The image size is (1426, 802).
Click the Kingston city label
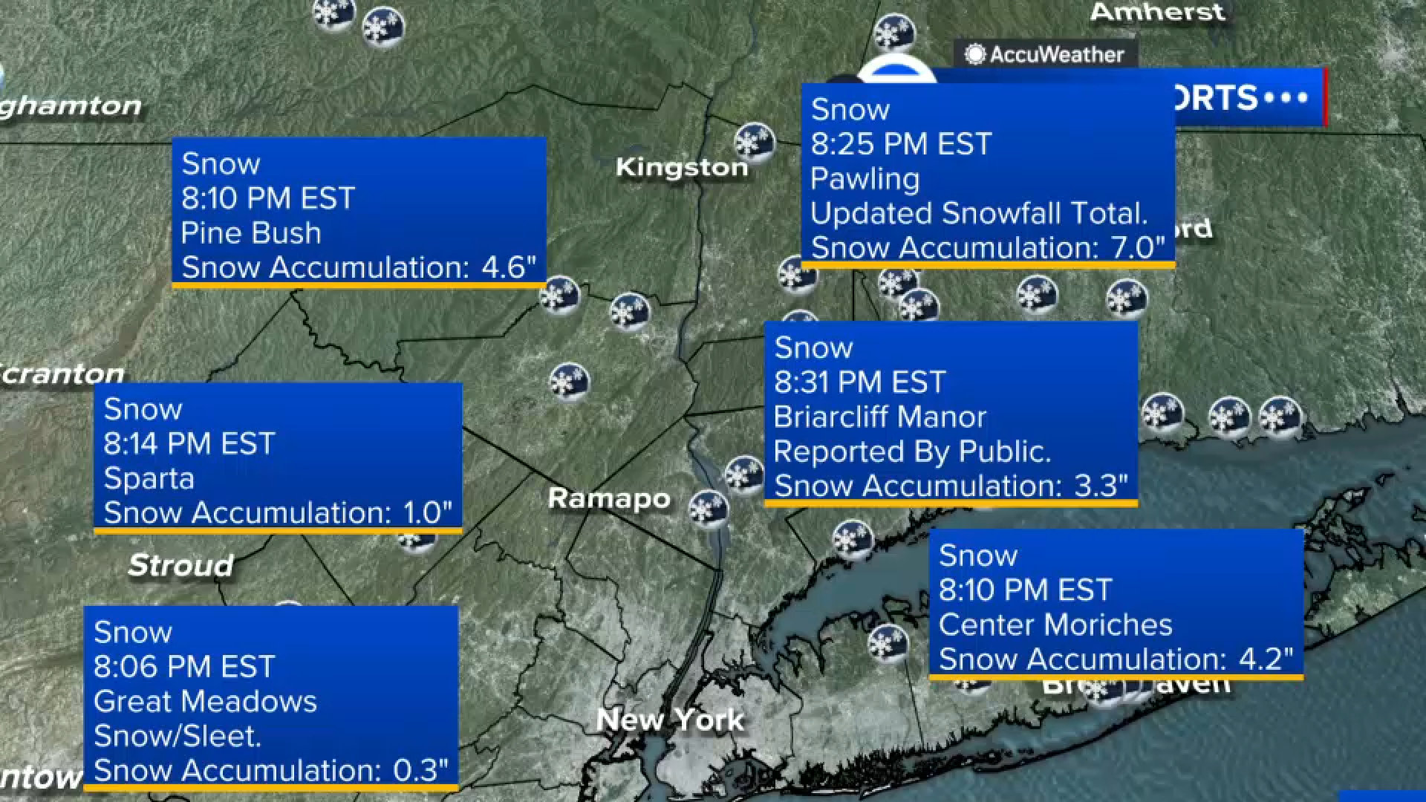(x=681, y=167)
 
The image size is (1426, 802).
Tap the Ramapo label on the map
(x=609, y=498)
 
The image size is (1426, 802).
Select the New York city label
(x=670, y=719)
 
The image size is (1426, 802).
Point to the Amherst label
(x=1157, y=12)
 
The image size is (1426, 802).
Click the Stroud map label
(x=180, y=565)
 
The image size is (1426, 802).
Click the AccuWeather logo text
(x=1056, y=54)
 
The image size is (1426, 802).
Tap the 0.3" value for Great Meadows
(x=420, y=770)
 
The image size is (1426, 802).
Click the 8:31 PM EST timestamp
(x=859, y=382)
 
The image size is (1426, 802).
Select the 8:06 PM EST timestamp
(x=184, y=666)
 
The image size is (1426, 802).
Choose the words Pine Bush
(x=251, y=233)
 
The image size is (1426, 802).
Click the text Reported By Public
(x=912, y=451)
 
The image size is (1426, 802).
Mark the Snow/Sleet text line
(x=178, y=736)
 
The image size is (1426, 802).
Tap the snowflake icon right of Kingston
(x=754, y=142)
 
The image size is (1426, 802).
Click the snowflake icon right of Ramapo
(x=708, y=509)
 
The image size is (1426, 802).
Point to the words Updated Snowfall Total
(x=979, y=213)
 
